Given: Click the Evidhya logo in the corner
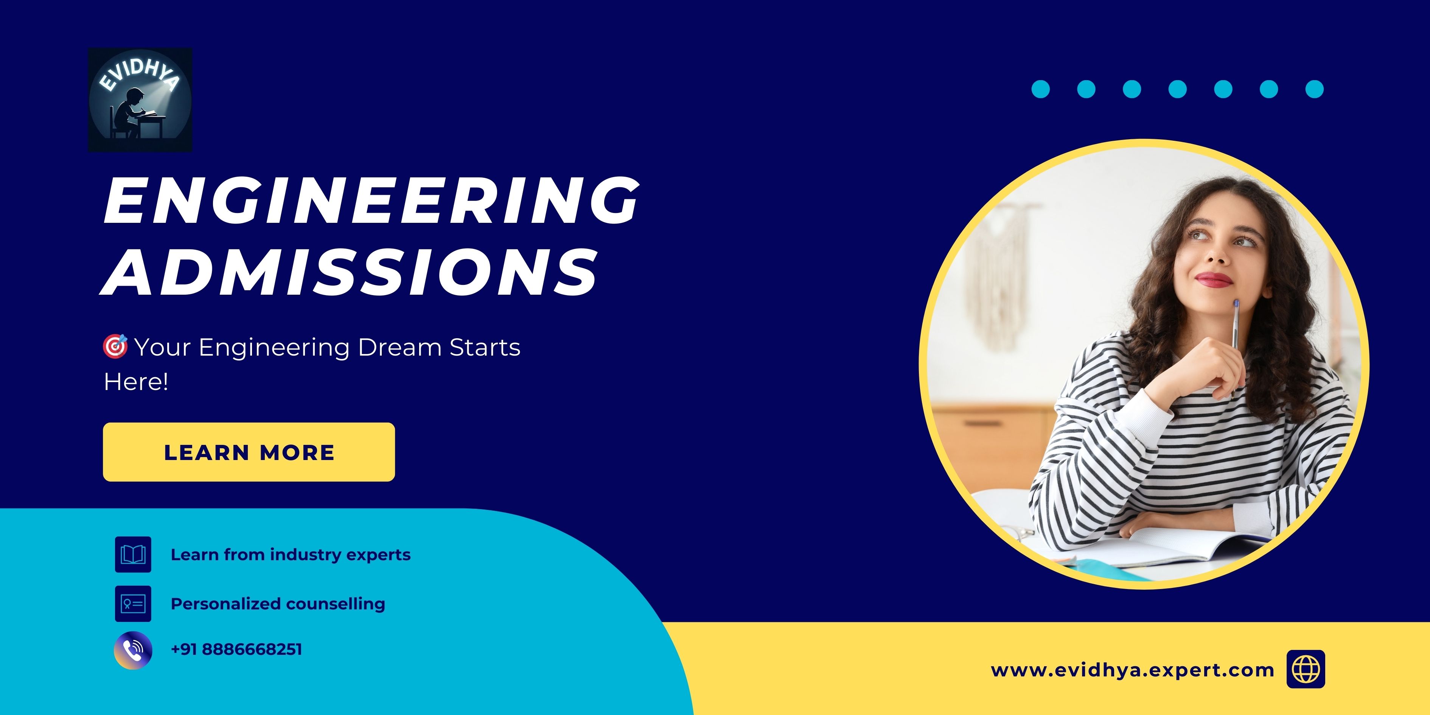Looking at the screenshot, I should coord(140,100).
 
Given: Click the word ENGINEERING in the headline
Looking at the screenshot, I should coord(371,201).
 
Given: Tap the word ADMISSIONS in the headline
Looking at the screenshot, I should coord(350,272).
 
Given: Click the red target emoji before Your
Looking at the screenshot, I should coord(115,347).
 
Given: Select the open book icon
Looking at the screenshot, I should coord(133,554).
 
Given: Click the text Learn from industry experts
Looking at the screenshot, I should coord(290,555).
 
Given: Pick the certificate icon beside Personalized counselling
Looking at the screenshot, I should coord(133,603).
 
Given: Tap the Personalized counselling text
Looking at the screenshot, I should coord(278,603).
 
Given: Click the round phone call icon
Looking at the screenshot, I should coord(133,650).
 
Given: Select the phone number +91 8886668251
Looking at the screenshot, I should coord(236,650).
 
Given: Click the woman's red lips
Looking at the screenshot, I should coord(1214,279).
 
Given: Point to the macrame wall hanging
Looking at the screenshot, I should coord(999,272).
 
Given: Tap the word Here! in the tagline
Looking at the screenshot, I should coord(136,382).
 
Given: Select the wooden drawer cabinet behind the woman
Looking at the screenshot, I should coord(994,444).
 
